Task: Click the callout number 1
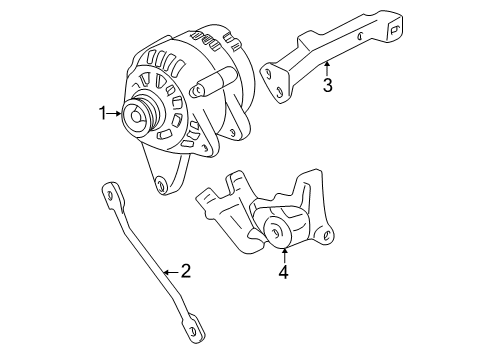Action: [x=102, y=114]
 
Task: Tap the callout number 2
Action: [x=186, y=271]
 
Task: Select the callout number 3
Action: [x=328, y=85]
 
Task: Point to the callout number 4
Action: [x=283, y=271]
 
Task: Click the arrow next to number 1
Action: [x=114, y=114]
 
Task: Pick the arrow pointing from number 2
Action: [x=171, y=272]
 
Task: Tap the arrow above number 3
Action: [x=327, y=68]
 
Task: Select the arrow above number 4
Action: [x=284, y=255]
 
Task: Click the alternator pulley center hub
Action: [x=136, y=117]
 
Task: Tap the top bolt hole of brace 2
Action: [x=110, y=196]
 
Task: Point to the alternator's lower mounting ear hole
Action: [x=161, y=185]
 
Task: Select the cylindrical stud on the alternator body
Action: [x=212, y=82]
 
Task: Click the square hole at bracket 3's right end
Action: [x=393, y=30]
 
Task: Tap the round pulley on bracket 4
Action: [x=278, y=231]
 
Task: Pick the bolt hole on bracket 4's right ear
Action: [x=327, y=236]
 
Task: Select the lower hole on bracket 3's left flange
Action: [x=279, y=91]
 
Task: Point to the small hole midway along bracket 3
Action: [x=360, y=36]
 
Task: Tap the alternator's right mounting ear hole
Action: [x=232, y=132]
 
